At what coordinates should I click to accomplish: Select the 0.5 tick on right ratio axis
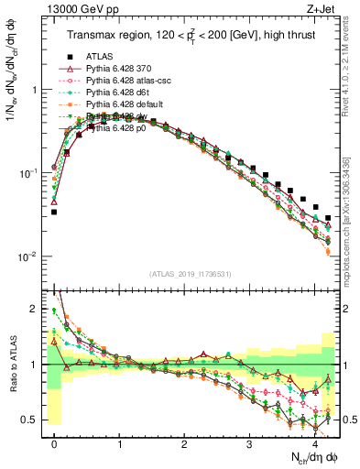coord(349,420)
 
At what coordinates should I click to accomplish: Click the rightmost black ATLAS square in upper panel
coord(328,218)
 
